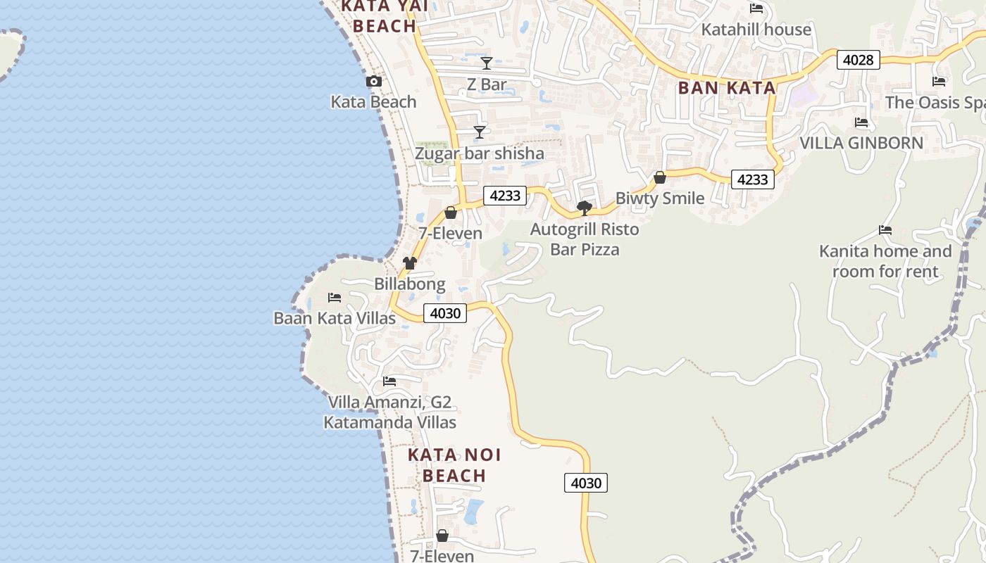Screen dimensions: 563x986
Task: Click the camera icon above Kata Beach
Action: (374, 82)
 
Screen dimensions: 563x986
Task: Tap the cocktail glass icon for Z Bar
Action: (486, 63)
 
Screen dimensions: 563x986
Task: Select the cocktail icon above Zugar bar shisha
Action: (480, 132)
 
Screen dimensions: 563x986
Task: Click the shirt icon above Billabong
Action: (410, 263)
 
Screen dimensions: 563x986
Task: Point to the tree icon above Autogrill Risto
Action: (584, 208)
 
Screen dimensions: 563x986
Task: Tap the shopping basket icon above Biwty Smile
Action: (660, 177)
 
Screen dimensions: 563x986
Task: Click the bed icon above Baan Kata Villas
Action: (335, 298)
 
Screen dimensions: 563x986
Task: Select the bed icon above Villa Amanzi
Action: (389, 381)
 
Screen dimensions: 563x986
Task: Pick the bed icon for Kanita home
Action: (885, 230)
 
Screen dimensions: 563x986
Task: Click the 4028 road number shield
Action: (858, 60)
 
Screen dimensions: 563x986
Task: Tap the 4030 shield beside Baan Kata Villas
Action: (445, 312)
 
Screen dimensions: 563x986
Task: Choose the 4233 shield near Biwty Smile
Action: (752, 179)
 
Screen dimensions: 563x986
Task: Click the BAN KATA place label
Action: (726, 88)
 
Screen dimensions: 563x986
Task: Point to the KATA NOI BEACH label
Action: (454, 465)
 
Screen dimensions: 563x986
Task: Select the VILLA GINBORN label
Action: (861, 143)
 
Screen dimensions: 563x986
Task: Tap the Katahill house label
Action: (756, 30)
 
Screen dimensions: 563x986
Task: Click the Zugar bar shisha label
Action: (479, 153)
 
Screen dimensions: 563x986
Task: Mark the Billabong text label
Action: (410, 284)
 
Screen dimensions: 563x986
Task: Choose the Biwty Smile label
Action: (660, 198)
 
